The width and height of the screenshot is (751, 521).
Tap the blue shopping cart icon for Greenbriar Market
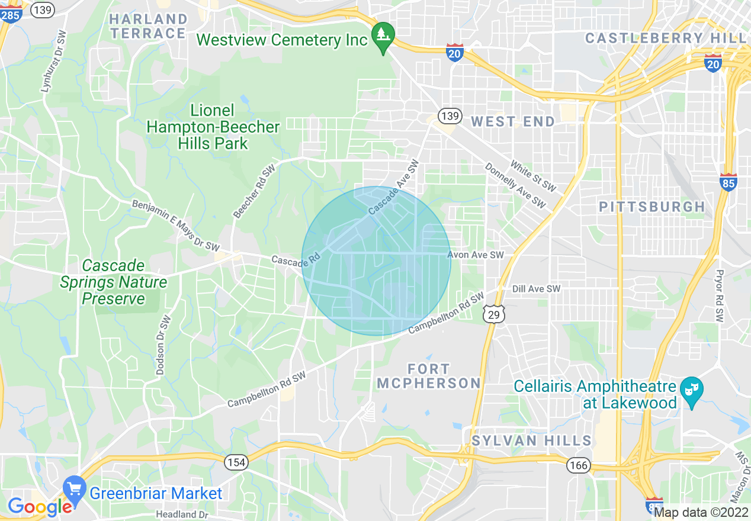[75, 489]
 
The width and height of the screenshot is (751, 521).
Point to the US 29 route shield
[494, 314]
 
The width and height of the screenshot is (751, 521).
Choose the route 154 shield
[236, 463]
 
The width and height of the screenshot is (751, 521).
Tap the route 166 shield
[577, 465]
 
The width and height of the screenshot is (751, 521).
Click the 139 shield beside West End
[450, 115]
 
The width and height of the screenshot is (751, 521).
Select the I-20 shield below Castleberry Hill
[713, 63]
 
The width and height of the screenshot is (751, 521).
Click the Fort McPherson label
[429, 376]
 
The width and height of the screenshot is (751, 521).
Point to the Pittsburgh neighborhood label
[651, 207]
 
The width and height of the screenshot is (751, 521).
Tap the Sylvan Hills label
[531, 440]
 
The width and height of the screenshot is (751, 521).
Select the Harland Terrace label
[148, 26]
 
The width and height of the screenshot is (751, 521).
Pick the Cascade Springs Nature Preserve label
[113, 282]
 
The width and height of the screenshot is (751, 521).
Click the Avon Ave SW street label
[475, 255]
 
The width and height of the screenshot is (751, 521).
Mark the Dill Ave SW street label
[536, 289]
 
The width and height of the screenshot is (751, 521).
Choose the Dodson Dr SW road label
[163, 345]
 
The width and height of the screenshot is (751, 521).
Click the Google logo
[39, 507]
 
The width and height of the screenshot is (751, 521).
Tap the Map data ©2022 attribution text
[701, 513]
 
